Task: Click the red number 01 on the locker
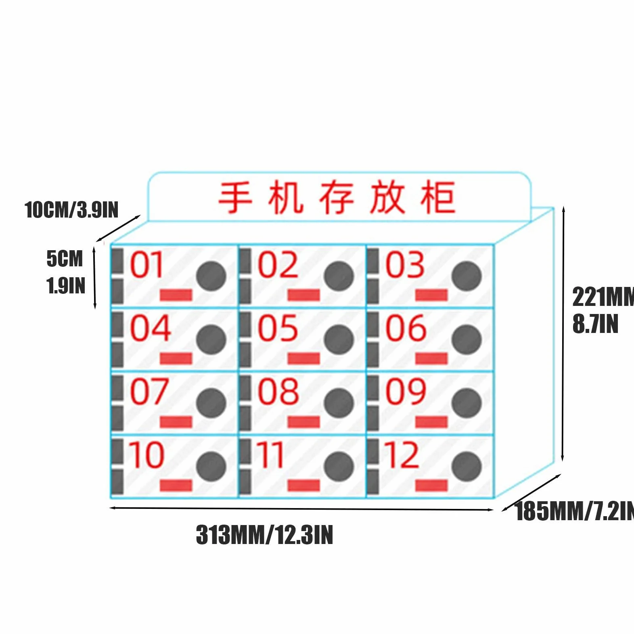point(146,265)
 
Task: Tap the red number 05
point(278,328)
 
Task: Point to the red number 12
point(402,454)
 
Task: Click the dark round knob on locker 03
point(467,276)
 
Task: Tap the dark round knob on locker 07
point(211,403)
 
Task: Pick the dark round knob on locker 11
point(339,467)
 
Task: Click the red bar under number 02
point(304,295)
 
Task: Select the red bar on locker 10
point(176,485)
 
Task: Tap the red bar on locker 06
point(432,358)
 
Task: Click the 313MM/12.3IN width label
point(265,535)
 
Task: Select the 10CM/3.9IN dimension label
point(71,210)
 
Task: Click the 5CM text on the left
point(65,259)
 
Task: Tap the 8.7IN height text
point(596,324)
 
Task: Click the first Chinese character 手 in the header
point(235,197)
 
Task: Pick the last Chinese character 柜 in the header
point(438,197)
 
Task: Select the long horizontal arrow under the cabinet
point(301,509)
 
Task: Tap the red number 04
point(150,328)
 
